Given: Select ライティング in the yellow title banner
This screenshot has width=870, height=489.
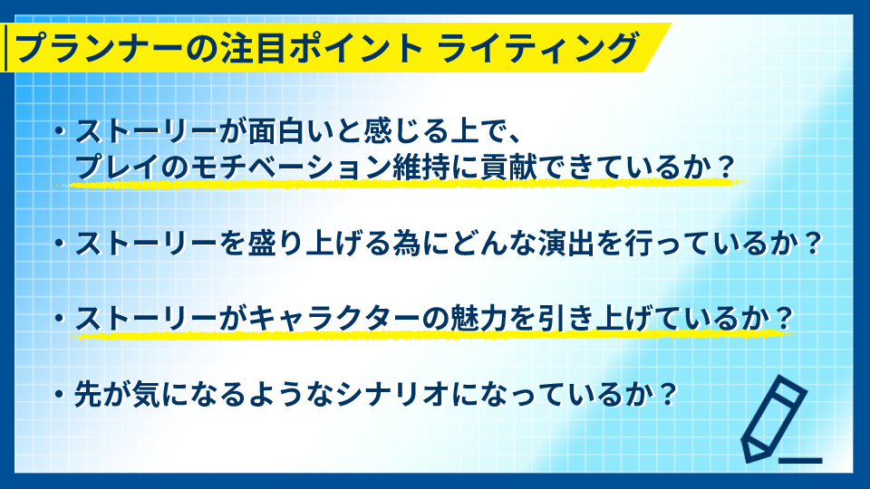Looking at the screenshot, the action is coord(537,48).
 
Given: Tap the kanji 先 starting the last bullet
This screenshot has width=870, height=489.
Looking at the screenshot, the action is coord(88,395).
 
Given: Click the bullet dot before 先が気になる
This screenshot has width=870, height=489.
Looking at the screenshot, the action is coord(60,395).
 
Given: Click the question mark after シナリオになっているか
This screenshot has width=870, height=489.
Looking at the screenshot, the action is coord(668,395).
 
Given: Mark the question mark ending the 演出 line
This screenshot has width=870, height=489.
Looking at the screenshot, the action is coord(813,243).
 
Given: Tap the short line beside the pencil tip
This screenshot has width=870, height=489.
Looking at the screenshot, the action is coord(800,461).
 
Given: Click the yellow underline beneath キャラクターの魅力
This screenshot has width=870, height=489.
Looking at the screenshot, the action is coord(433,334).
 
